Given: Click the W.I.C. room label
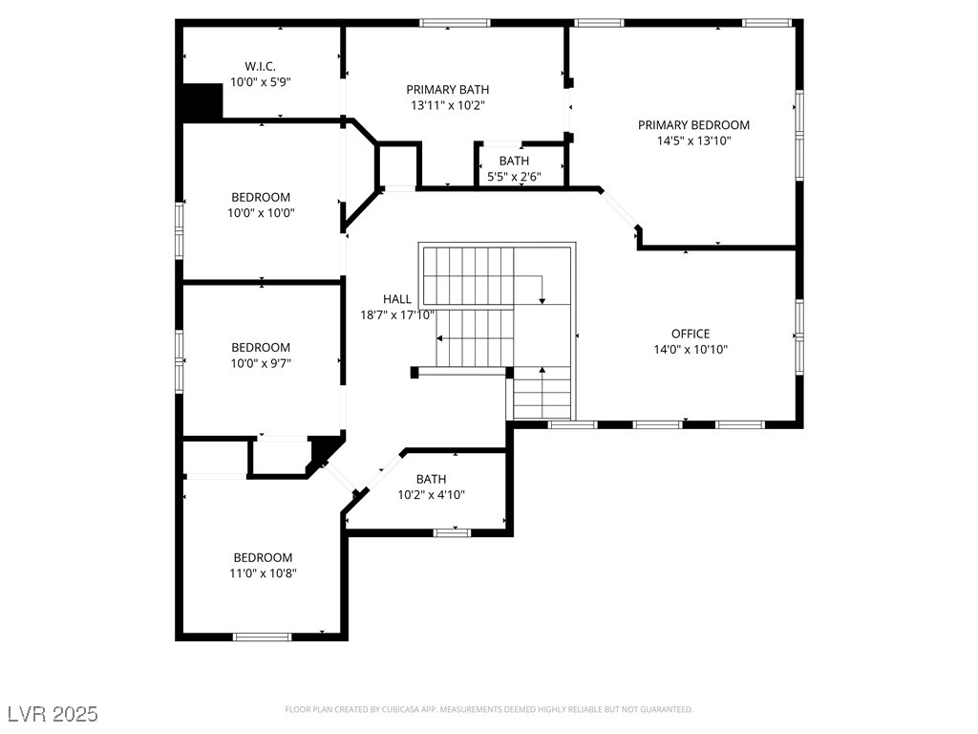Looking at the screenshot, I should [261, 66].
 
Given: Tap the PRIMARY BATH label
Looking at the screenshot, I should [448, 90].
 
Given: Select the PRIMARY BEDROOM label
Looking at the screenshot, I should [693, 125].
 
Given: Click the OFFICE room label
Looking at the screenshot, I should [690, 334].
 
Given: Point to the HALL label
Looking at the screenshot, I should [397, 299].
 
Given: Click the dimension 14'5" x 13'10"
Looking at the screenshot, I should [693, 141].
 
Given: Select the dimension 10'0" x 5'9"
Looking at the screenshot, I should [261, 82].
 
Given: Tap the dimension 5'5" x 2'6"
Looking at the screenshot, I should [514, 177].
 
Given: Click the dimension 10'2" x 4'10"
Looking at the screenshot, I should [431, 495].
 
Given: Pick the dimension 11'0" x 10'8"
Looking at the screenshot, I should [264, 573].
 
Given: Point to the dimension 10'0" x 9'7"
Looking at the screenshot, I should [261, 363].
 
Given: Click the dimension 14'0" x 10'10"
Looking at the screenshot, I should [690, 350].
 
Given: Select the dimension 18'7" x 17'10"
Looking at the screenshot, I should [397, 314].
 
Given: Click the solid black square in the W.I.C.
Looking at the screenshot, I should [202, 102].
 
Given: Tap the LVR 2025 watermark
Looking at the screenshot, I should [52, 714].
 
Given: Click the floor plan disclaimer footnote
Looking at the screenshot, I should [489, 709].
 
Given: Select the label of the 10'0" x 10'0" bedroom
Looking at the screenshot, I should [261, 197].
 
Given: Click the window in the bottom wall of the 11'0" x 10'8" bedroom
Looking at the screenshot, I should [262, 636].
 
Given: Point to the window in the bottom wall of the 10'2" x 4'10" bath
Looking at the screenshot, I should [453, 532].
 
